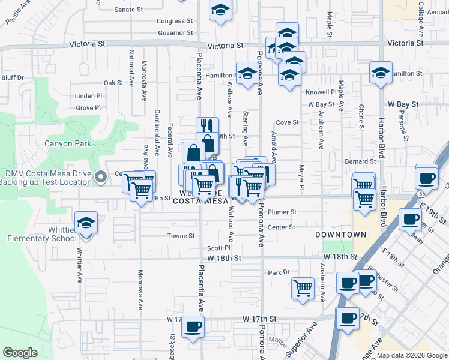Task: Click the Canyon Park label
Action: tap(68, 143)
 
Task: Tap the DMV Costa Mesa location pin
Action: tap(101, 176)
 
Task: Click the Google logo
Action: tap(20, 353)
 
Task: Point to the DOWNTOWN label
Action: tap(341, 235)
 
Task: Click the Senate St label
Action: tap(128, 10)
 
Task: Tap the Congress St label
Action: tap(175, 21)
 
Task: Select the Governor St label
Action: tap(175, 33)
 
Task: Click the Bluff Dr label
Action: tap(13, 77)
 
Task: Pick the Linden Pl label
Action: tap(89, 96)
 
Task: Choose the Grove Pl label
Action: tap(88, 108)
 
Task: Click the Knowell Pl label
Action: tap(321, 92)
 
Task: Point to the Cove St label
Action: tap(287, 122)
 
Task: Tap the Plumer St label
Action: tap(282, 212)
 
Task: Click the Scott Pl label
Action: tap(218, 248)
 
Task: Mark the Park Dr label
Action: tap(279, 272)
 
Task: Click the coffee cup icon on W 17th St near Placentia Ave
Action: tap(193, 326)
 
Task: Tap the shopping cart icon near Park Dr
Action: tap(303, 287)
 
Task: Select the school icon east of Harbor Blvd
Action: tap(381, 73)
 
